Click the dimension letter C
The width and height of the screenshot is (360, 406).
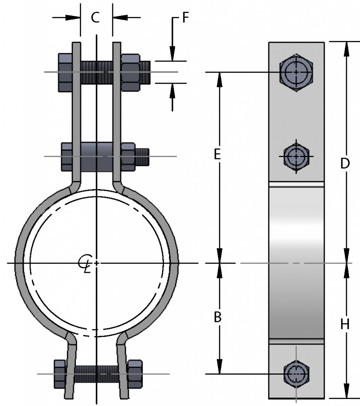95,17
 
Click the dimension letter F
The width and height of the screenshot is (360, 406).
185,18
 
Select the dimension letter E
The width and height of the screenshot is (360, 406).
217,155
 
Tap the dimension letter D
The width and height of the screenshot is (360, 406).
345,163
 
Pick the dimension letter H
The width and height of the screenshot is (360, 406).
345,324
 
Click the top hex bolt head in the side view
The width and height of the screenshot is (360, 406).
296,72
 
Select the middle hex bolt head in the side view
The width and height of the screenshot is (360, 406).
296,156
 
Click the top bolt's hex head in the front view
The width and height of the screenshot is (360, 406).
65,72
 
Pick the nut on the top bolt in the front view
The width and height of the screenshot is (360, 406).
130,72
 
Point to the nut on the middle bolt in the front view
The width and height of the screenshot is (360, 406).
128,157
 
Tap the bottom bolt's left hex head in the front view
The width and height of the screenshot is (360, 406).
60,373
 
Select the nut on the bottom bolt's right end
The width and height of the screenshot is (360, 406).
135,373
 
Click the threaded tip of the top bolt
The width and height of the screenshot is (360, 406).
146,72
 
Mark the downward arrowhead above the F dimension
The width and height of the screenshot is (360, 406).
172,53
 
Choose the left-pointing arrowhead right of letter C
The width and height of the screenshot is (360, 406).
119,17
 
